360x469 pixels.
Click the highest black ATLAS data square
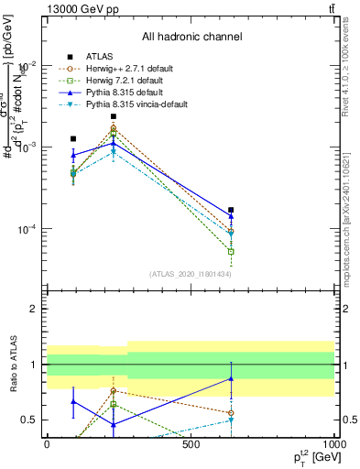pos(114,116)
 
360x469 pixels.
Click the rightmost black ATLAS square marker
pos(231,210)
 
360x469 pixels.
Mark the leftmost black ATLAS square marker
pos(73,138)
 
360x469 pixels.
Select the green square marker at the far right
pos(231,251)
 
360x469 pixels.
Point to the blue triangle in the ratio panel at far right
pos(231,378)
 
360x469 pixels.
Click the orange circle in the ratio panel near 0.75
pos(114,390)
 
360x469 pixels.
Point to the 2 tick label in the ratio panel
pos(33,309)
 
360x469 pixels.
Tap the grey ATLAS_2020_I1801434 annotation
pos(190,274)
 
